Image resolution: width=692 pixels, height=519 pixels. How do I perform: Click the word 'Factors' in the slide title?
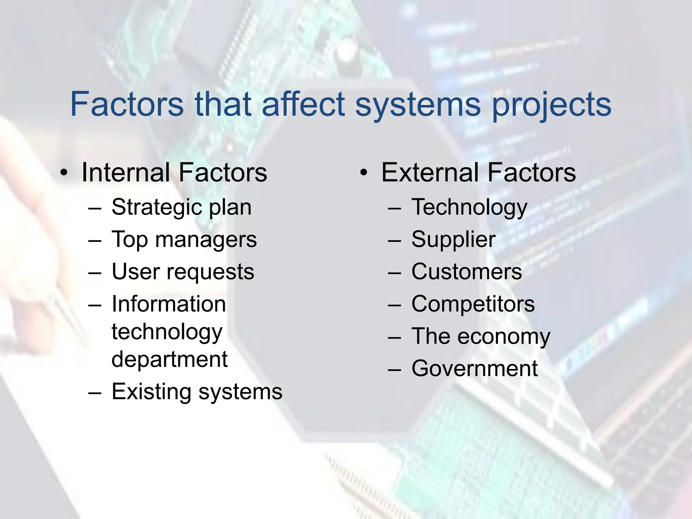click(x=127, y=104)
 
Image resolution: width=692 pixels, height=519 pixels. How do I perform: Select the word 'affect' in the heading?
click(x=303, y=104)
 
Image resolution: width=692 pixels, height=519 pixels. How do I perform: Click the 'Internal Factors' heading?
click(x=174, y=173)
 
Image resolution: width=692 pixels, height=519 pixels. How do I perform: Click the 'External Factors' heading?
click(x=478, y=173)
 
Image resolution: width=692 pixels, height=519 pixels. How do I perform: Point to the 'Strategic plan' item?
click(x=181, y=207)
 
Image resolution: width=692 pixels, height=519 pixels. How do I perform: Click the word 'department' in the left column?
click(x=169, y=359)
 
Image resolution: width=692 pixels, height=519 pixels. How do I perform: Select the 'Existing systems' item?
click(x=197, y=392)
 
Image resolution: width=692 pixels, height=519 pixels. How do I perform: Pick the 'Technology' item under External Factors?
click(x=469, y=207)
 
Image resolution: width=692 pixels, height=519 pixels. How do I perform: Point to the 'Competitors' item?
click(x=473, y=304)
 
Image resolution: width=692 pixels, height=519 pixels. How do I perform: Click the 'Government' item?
click(x=474, y=369)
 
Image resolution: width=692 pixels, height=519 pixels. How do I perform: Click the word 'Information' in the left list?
click(x=169, y=304)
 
